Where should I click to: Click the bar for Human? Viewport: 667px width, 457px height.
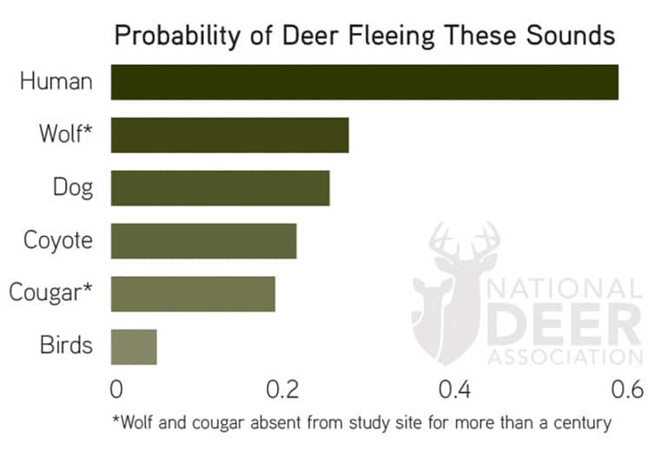(364, 82)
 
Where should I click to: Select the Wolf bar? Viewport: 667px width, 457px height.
(229, 135)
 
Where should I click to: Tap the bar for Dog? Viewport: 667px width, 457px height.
(220, 188)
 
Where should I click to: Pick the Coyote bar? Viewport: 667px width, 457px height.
(203, 241)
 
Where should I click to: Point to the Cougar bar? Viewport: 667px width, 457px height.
(193, 294)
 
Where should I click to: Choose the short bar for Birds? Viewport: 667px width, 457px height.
(134, 347)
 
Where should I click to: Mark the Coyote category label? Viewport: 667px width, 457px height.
(57, 241)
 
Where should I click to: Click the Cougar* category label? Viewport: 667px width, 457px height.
(50, 294)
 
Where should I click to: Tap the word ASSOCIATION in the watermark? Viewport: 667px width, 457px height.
(565, 356)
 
